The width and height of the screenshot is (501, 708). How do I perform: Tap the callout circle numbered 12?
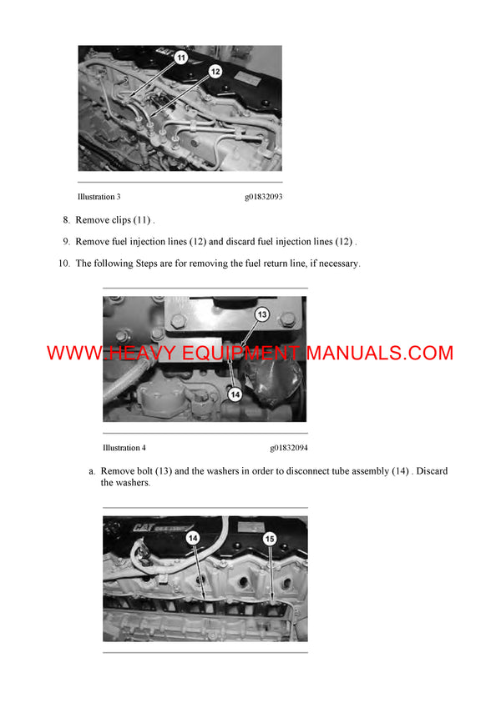point(215,72)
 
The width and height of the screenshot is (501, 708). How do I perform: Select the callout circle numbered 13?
point(261,314)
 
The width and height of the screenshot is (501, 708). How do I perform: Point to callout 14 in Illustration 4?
point(235,394)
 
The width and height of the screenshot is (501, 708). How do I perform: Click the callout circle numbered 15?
point(269,539)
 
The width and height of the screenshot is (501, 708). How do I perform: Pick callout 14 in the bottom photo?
point(193,539)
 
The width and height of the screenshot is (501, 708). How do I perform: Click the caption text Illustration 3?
point(99,197)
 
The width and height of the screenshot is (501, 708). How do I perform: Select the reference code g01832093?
point(263,197)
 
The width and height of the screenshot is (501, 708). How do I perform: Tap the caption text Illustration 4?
point(124,448)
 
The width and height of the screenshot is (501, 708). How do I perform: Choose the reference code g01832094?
point(288,448)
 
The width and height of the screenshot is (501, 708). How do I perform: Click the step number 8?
point(66,220)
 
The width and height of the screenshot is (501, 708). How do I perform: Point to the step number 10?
point(63,264)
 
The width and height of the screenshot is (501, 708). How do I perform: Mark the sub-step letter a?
point(92,472)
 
